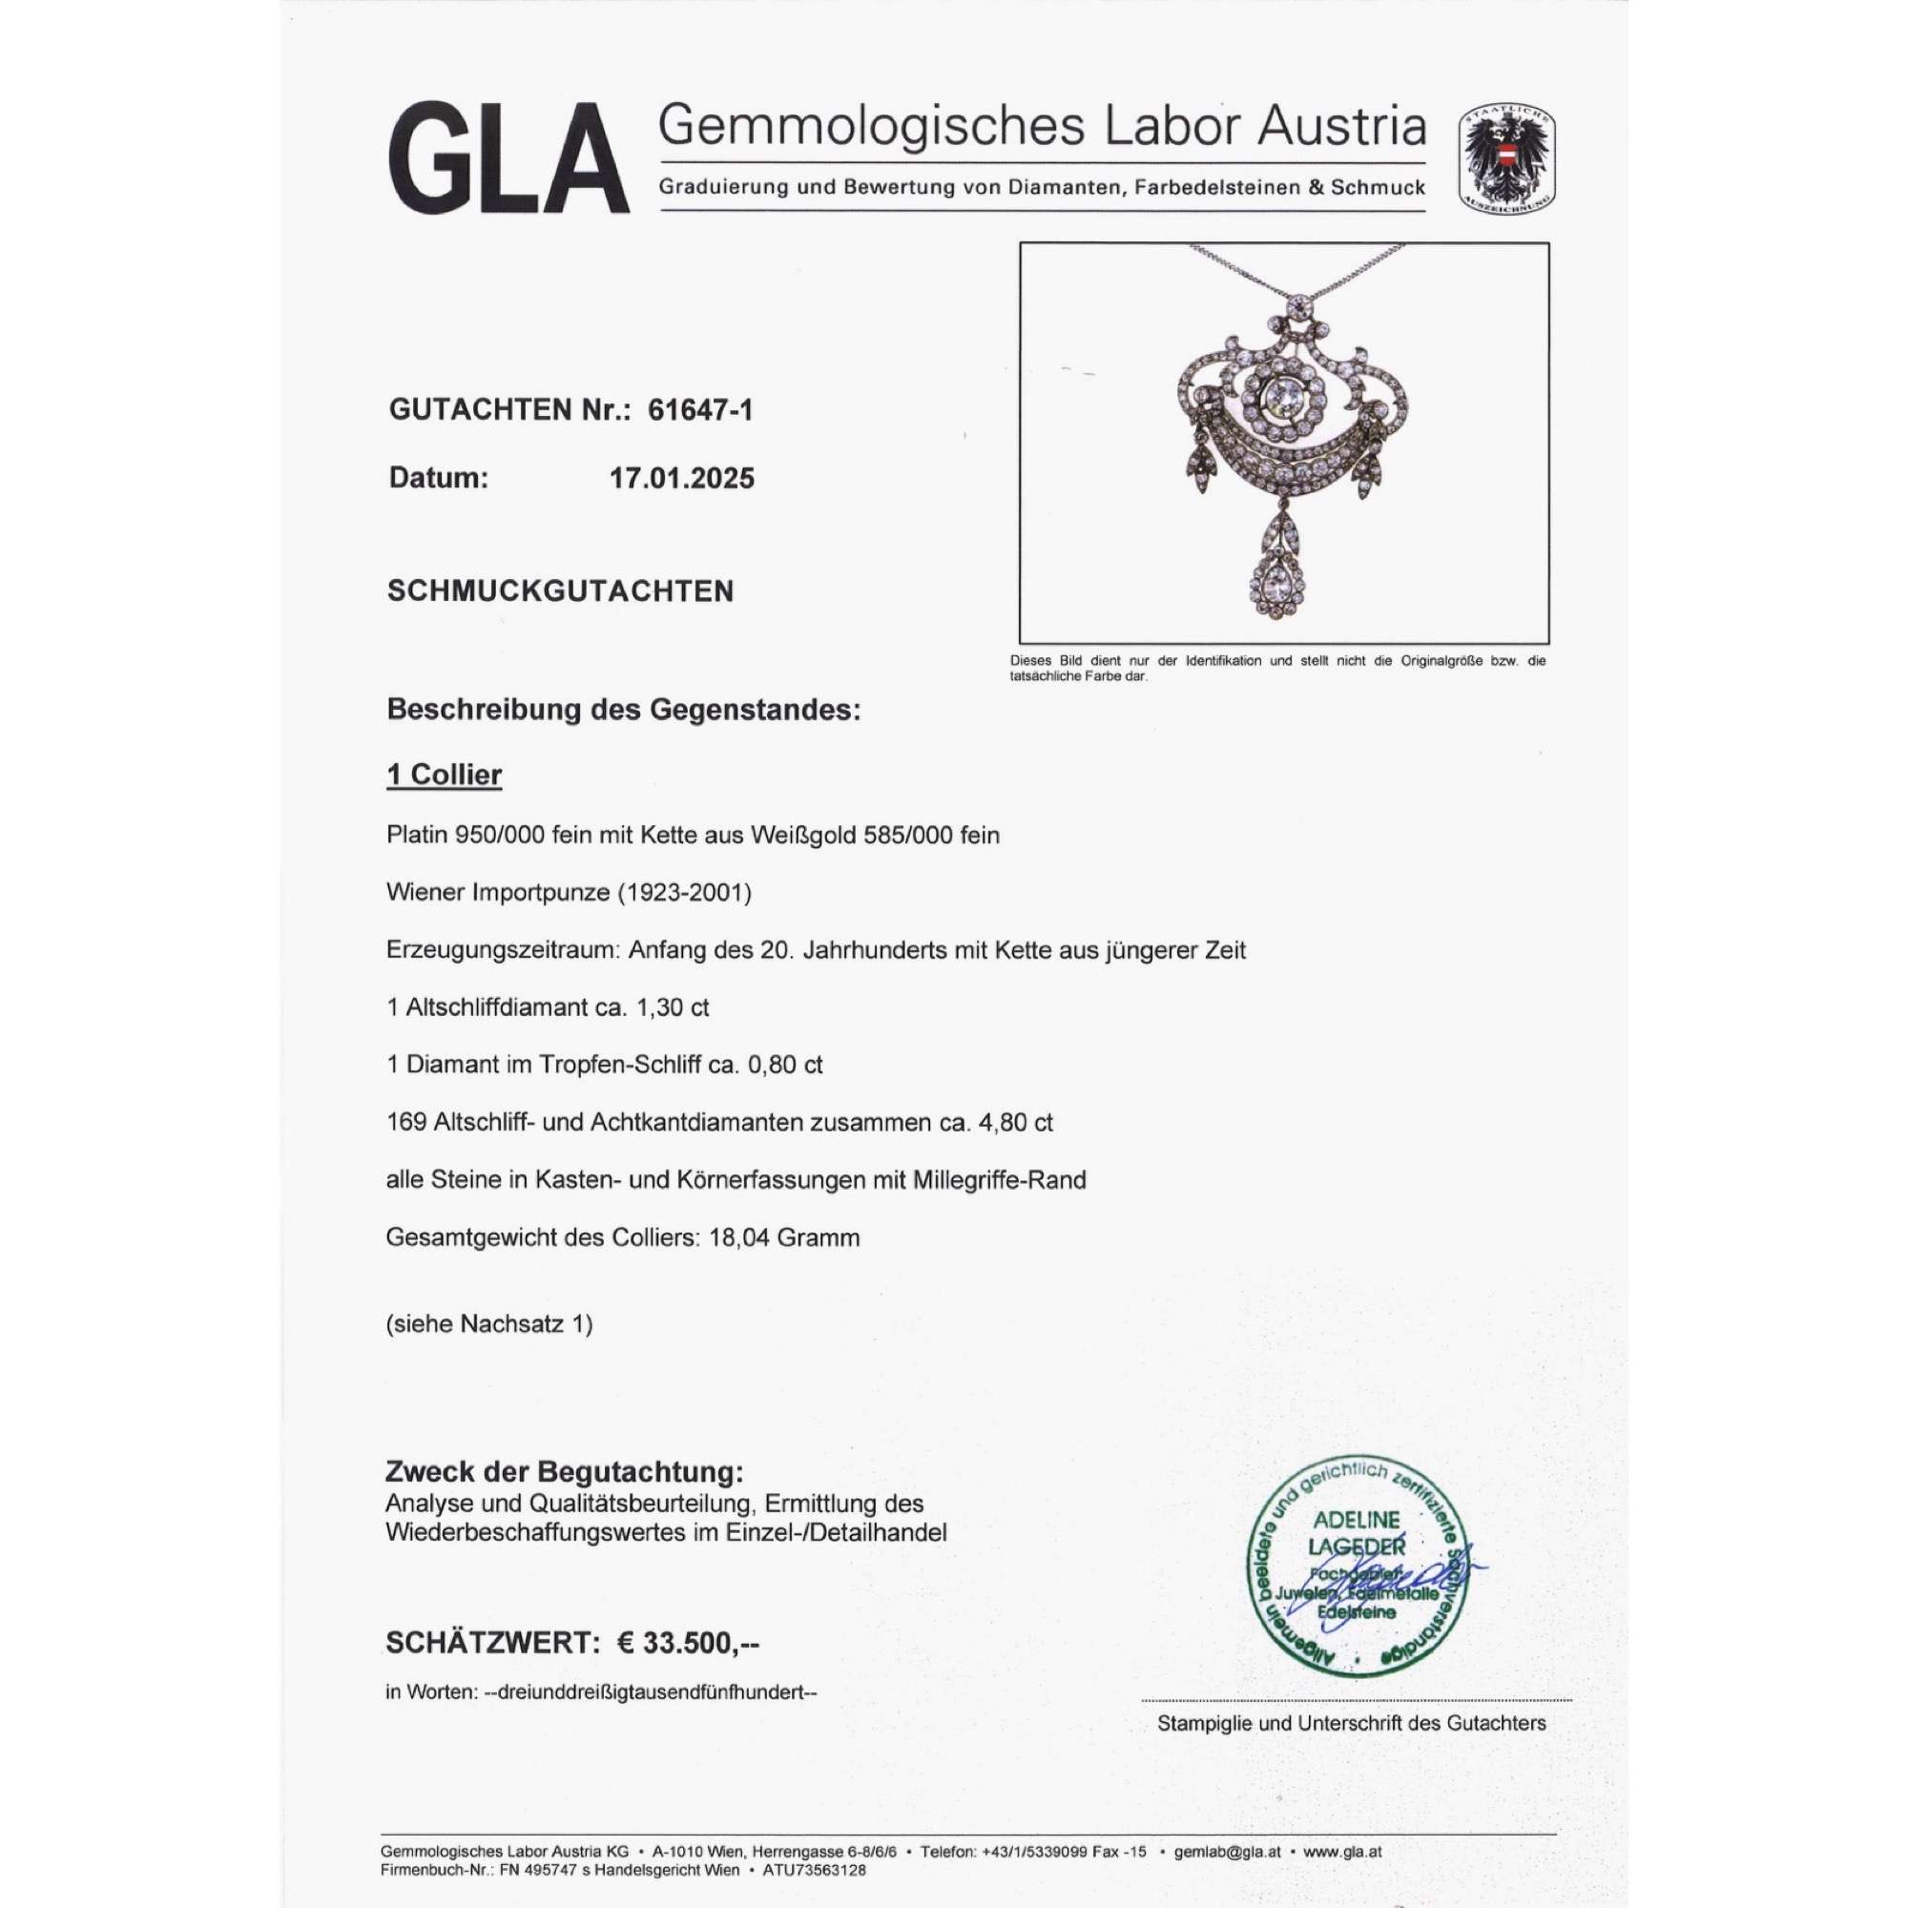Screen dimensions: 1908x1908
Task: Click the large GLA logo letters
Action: click(x=509, y=158)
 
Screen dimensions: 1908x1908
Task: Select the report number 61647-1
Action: click(x=700, y=410)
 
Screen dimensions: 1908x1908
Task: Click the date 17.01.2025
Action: click(x=682, y=479)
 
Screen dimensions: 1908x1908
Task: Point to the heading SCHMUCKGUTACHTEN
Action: click(x=560, y=591)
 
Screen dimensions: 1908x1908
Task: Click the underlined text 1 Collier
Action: click(x=444, y=776)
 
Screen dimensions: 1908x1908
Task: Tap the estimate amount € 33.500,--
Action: click(x=689, y=1644)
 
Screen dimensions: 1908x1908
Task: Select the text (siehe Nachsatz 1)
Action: click(x=488, y=1324)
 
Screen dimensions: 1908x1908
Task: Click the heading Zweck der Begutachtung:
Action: click(x=563, y=1471)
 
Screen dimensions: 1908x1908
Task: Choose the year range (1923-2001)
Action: click(x=684, y=893)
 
